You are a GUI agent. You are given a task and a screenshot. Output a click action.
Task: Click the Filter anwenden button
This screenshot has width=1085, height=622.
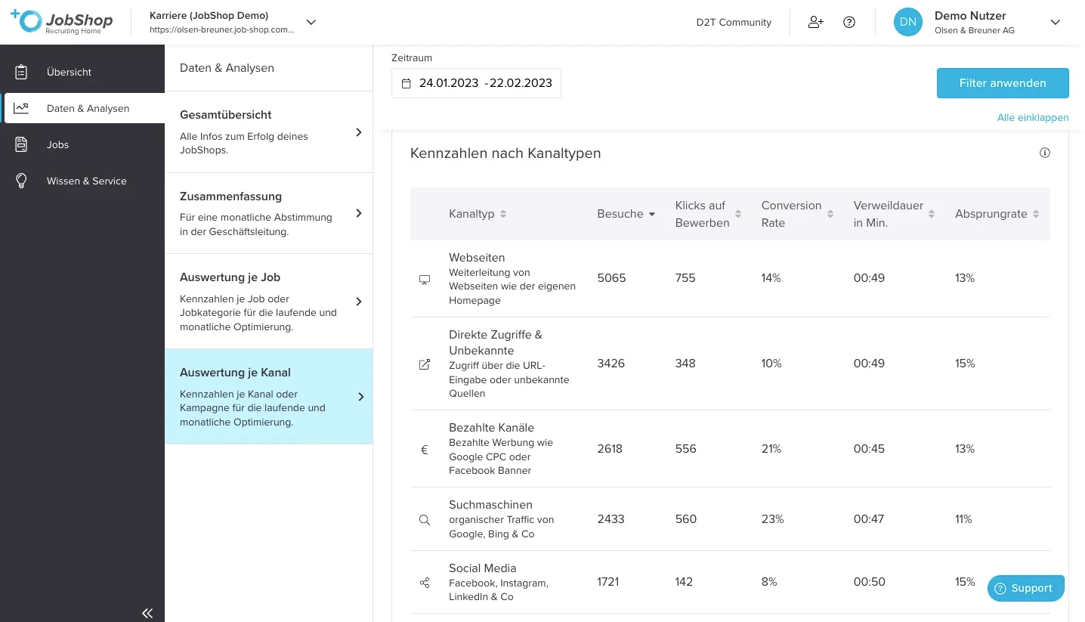point(1003,83)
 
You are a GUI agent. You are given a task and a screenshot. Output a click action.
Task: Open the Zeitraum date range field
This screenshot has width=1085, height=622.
point(476,83)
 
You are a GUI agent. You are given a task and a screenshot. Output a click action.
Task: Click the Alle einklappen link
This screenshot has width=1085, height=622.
point(1032,117)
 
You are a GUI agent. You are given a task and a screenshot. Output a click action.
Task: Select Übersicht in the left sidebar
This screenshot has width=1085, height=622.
point(69,73)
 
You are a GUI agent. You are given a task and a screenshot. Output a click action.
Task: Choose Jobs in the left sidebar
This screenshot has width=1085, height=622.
point(57,145)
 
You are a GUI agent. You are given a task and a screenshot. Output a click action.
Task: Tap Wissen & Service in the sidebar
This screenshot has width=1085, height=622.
point(86,181)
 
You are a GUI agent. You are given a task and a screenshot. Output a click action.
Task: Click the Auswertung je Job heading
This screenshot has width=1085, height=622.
point(230,277)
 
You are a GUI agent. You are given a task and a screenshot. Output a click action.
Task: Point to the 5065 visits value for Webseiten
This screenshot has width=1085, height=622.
point(611,278)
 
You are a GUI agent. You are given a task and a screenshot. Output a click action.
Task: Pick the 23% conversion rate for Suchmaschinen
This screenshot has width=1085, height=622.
point(772,519)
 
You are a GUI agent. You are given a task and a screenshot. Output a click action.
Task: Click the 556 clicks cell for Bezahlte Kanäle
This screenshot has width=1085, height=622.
point(685,449)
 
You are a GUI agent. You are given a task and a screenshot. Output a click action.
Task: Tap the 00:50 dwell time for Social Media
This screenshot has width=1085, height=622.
point(869,582)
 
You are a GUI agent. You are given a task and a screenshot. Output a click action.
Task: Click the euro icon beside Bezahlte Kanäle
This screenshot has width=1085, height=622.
point(425,450)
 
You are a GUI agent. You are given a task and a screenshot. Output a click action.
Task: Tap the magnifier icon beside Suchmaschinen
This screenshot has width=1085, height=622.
point(425,520)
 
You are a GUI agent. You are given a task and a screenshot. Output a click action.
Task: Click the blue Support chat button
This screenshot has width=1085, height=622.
point(1025,589)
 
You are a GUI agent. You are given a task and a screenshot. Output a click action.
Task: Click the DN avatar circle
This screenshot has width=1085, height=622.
point(907,22)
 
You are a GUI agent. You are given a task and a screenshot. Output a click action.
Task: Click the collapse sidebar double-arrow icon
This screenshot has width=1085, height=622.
point(147,613)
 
